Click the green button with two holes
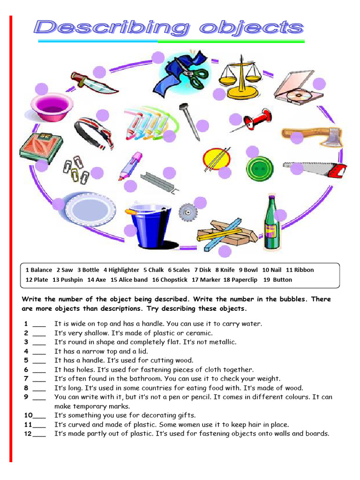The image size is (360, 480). pos(259,170)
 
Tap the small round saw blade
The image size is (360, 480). pos(187,212)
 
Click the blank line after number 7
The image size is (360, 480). pos(39,379)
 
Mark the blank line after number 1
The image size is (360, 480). pos(39,324)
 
